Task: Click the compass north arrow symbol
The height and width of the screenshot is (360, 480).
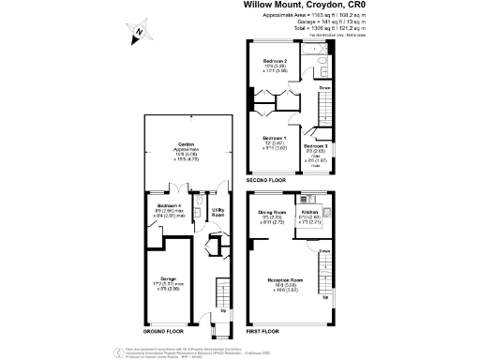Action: [x=137, y=33]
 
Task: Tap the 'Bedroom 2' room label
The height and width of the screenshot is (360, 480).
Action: [x=276, y=61]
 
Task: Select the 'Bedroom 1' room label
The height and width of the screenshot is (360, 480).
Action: [x=275, y=138]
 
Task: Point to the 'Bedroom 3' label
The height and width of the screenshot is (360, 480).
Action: [x=317, y=145]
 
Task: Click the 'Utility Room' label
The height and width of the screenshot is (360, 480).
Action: [x=217, y=212]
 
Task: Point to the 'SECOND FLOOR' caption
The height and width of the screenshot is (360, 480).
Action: [x=266, y=179]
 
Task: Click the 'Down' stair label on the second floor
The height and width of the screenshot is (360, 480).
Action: [x=324, y=88]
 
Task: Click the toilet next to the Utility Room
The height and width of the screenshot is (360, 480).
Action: [x=201, y=207]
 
